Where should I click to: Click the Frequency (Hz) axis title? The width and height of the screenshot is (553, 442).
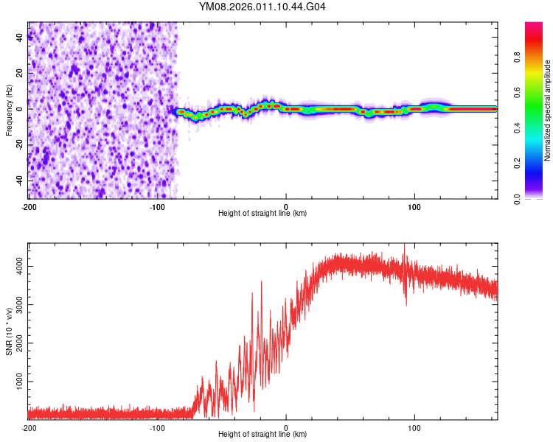9,110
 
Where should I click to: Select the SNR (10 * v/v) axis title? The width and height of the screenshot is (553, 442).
9,331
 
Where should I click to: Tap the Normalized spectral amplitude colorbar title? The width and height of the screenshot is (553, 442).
547,110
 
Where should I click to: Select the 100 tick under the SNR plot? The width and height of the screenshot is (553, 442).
414,428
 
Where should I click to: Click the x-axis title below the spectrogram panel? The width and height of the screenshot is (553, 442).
262,214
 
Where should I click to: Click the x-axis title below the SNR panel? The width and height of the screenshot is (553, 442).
262,435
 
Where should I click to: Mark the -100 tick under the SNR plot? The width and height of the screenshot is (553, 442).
157,428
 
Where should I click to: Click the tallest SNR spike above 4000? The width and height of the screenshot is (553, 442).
404,245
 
